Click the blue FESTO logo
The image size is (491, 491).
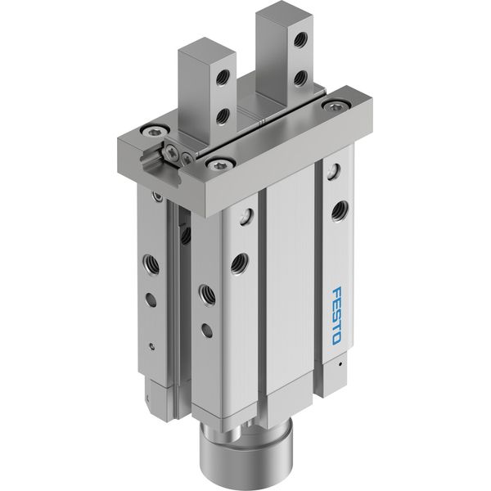point(336,316)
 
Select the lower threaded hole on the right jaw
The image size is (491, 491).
point(300,78)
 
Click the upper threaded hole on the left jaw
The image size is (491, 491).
point(223,77)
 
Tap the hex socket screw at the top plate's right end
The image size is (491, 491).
point(336,106)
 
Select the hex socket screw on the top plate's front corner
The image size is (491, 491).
point(220,163)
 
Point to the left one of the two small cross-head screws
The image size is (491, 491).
point(173,151)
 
